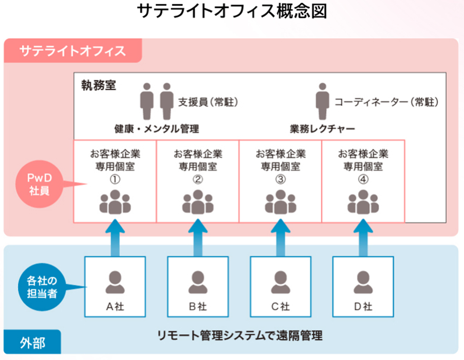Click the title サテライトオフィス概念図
pos(232,12)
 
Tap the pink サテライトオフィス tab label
pos(73,51)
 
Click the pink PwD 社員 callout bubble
pos(39,184)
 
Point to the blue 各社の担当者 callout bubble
pos(41,287)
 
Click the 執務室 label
pos(99,86)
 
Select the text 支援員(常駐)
pos(208,102)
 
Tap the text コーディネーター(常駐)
pos(386,102)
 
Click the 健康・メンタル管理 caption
pos(156,129)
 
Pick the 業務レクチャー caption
pos(322,129)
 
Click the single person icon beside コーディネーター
pos(322,101)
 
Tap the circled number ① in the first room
pos(115,179)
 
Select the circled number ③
pos(281,179)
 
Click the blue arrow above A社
pos(115,238)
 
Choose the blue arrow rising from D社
pos(363,238)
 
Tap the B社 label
pos(198,306)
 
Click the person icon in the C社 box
pos(281,282)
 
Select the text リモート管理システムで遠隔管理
pos(240,336)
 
